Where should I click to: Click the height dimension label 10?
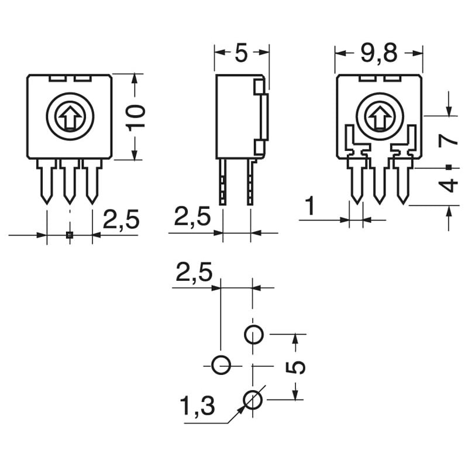136,117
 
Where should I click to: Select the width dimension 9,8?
378,53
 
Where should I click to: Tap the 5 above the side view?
242,53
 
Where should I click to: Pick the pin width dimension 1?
311,207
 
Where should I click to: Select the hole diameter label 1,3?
197,405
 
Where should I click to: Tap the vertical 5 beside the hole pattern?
297,367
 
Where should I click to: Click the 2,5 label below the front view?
121,220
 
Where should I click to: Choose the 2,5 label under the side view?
192,217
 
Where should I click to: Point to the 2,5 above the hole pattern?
195,273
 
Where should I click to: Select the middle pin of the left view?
70,181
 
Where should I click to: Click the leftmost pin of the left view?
47,181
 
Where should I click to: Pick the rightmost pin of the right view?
402,181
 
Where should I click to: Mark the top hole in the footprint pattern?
253,335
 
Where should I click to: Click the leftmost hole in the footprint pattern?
221,365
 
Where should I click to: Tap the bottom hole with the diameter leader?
253,400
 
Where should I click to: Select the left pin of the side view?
223,182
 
